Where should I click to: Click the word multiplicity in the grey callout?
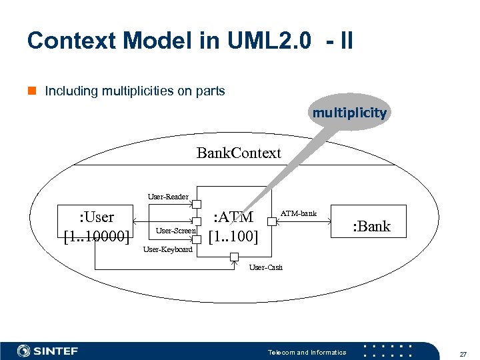(x=349, y=113)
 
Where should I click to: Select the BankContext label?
(x=239, y=153)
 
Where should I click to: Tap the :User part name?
(x=97, y=217)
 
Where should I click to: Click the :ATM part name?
(x=233, y=217)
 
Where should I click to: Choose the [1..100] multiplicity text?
(x=233, y=236)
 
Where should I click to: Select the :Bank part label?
(x=372, y=226)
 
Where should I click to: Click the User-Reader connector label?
(x=168, y=197)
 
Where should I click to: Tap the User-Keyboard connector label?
(x=168, y=249)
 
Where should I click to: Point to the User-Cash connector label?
(x=266, y=267)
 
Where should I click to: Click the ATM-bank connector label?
(x=299, y=213)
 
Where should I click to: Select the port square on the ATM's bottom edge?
(x=234, y=257)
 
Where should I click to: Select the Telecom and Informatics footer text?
(x=307, y=352)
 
